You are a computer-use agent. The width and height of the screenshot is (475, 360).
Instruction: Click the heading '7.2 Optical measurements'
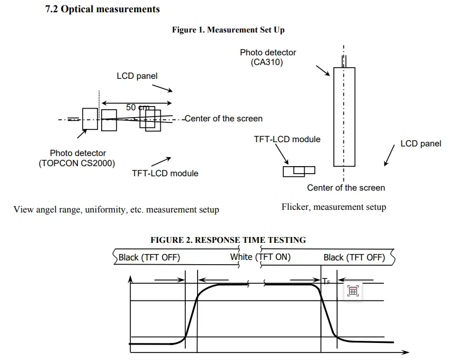pyautogui.click(x=102, y=9)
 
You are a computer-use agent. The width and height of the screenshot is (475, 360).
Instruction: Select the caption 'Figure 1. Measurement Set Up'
pyautogui.click(x=228, y=30)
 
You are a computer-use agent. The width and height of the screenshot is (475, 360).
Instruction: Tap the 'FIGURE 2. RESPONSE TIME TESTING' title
pyautogui.click(x=228, y=240)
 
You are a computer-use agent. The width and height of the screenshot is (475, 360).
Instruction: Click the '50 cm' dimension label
pyautogui.click(x=137, y=107)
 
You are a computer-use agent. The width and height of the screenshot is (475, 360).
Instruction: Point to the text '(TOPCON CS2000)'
pyautogui.click(x=77, y=163)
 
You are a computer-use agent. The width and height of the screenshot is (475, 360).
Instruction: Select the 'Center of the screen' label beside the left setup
pyautogui.click(x=224, y=118)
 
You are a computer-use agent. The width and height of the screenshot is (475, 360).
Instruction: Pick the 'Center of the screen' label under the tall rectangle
pyautogui.click(x=346, y=187)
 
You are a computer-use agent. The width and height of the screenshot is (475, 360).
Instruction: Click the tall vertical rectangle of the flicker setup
pyautogui.click(x=344, y=117)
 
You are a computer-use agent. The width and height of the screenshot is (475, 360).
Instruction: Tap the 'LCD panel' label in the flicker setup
pyautogui.click(x=421, y=143)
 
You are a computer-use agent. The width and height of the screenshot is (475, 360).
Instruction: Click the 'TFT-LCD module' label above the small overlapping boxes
pyautogui.click(x=287, y=139)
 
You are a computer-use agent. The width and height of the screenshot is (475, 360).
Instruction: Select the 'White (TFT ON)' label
pyautogui.click(x=260, y=257)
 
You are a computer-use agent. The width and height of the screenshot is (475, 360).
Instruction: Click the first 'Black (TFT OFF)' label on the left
pyautogui.click(x=149, y=258)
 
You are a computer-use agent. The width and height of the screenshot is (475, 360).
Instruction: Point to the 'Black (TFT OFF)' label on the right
pyautogui.click(x=354, y=258)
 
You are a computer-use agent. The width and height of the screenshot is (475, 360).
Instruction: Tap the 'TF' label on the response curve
pyautogui.click(x=326, y=281)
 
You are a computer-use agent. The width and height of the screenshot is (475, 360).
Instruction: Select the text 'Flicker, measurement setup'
pyautogui.click(x=333, y=207)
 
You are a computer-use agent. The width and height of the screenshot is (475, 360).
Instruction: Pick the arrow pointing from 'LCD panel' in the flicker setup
pyautogui.click(x=388, y=156)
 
